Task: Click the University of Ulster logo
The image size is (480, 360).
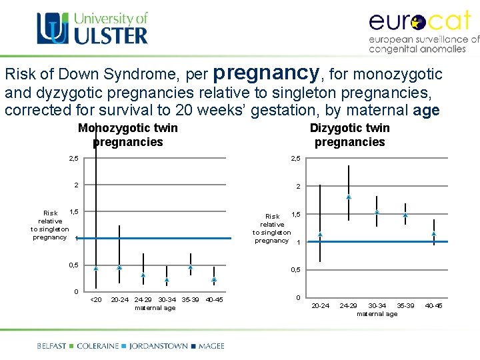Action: point(92,28)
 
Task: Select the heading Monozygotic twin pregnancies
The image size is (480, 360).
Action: point(128,135)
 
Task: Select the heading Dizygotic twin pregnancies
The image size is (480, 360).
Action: point(350,135)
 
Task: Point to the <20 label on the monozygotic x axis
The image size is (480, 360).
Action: point(96,299)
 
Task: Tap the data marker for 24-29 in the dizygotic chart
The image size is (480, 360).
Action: point(349,197)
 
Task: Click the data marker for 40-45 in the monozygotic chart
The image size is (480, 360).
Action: point(214,280)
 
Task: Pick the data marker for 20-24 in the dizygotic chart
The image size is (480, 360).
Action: point(320,235)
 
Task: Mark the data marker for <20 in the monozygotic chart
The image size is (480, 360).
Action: point(96,268)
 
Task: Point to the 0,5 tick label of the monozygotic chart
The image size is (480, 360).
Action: point(74,265)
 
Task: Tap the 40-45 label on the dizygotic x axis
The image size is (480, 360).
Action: point(433,306)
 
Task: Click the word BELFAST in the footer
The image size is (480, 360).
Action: point(51,346)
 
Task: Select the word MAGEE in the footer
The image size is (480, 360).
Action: point(210,346)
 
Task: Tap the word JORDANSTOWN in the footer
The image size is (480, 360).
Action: point(158,346)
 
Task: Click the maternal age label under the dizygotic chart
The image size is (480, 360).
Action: point(377,314)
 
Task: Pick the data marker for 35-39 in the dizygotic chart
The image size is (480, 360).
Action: point(405,215)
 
